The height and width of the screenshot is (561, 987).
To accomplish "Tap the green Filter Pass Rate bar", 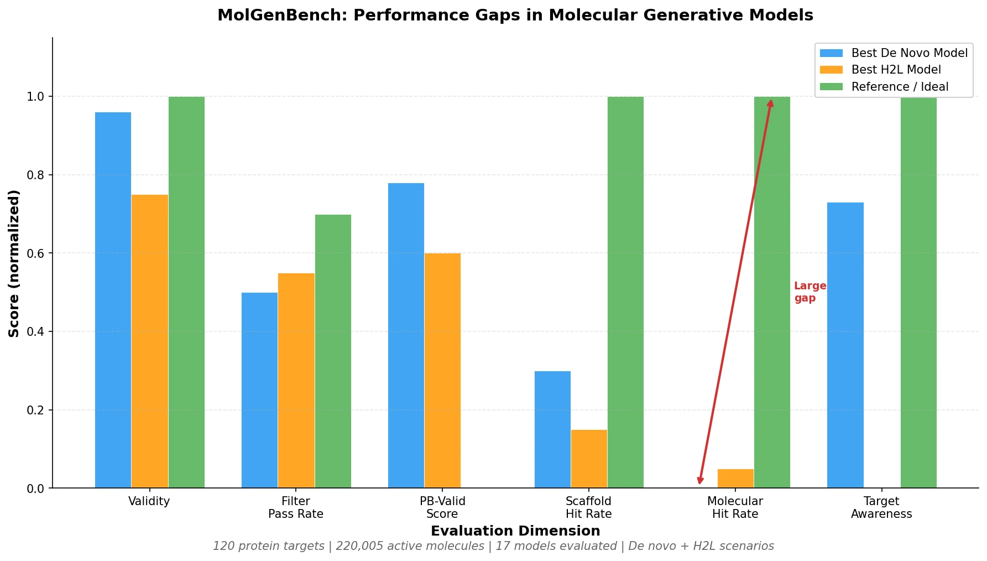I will click(x=333, y=351).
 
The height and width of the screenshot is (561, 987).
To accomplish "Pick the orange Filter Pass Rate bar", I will click(x=296, y=381).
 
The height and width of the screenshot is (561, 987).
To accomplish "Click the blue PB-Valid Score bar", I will click(x=406, y=335).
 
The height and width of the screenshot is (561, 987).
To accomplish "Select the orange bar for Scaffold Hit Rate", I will click(x=589, y=459).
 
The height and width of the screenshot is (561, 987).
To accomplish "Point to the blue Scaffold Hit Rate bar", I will click(x=552, y=429).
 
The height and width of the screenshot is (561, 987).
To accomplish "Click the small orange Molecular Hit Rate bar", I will click(x=735, y=479).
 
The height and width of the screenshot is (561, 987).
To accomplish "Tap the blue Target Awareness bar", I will click(x=845, y=345).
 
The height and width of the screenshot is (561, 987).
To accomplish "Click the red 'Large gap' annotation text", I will click(x=810, y=292).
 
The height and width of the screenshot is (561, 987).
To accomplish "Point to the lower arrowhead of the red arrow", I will click(x=700, y=481).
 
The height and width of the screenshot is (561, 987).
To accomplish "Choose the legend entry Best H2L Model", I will click(x=896, y=70).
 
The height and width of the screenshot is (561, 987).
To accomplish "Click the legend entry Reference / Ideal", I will click(x=900, y=87).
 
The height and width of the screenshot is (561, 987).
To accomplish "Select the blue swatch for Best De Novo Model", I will click(x=831, y=53).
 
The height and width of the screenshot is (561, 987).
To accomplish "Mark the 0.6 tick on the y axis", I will click(x=35, y=253).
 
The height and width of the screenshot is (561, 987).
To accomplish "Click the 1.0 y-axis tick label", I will click(x=35, y=97).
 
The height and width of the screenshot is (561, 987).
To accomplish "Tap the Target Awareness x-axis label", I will click(x=881, y=507).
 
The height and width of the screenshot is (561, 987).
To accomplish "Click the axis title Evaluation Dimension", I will click(x=515, y=531).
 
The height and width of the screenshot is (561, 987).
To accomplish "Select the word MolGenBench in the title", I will click(x=281, y=15).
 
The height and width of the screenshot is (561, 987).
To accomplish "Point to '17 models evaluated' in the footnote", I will click(x=556, y=547).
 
